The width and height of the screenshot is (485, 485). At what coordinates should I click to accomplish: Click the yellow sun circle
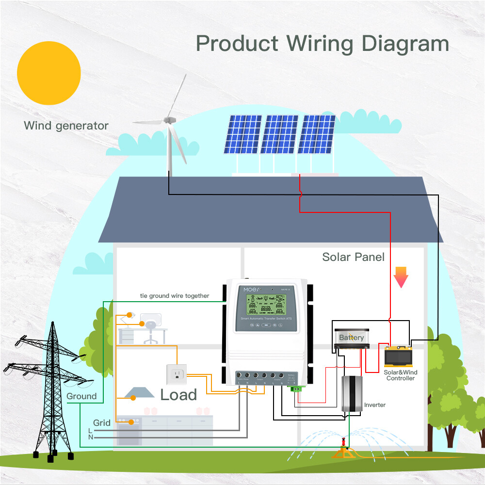48,73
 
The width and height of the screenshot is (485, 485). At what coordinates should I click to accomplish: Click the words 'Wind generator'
66,126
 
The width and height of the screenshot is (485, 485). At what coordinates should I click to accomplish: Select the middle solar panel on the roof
280,134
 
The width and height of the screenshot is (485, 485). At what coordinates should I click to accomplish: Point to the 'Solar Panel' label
353,257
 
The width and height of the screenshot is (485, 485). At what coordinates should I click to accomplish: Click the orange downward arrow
401,277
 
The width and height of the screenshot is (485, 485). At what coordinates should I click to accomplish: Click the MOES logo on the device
252,289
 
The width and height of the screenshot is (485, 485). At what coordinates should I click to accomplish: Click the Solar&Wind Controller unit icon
399,357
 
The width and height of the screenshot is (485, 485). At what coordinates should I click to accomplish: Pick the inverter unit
352,394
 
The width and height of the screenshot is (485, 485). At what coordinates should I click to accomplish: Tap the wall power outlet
176,373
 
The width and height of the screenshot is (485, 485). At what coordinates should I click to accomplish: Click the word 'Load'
178,395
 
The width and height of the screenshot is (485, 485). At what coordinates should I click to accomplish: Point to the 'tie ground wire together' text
174,296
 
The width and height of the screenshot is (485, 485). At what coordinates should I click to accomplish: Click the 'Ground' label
81,396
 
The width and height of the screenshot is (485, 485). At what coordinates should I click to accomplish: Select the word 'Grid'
102,423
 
